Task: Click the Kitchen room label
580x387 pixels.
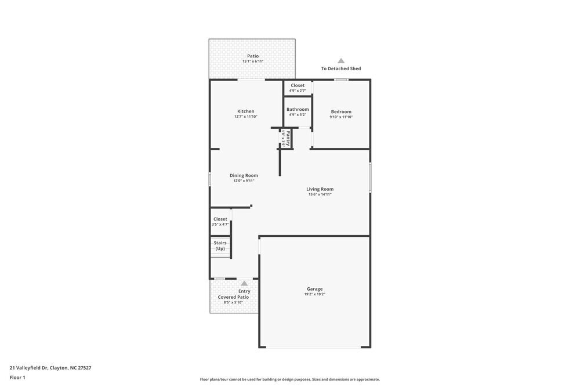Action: (245, 111)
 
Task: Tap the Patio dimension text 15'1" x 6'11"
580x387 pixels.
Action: (253, 62)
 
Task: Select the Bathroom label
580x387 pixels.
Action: (298, 109)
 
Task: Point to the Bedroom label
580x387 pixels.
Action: (341, 111)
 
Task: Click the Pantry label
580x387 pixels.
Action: (288, 138)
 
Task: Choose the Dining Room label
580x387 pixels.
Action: (244, 175)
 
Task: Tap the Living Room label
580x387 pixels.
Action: (320, 189)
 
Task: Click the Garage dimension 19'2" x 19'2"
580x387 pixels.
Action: (315, 294)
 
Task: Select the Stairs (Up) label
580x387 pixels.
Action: (220, 245)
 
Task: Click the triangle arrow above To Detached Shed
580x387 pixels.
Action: (341, 60)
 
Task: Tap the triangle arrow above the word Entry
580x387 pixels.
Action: (244, 283)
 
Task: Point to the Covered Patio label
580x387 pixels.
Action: (233, 297)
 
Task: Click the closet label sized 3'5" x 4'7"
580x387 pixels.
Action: (220, 219)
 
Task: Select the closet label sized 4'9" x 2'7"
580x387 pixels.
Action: (298, 85)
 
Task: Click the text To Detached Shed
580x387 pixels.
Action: (341, 68)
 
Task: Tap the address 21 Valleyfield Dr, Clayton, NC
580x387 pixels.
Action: (50, 367)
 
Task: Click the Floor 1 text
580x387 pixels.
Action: (17, 377)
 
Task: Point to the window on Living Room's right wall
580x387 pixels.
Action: (370, 178)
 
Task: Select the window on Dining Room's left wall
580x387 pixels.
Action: (210, 179)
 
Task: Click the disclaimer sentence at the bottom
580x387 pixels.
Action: (290, 379)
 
